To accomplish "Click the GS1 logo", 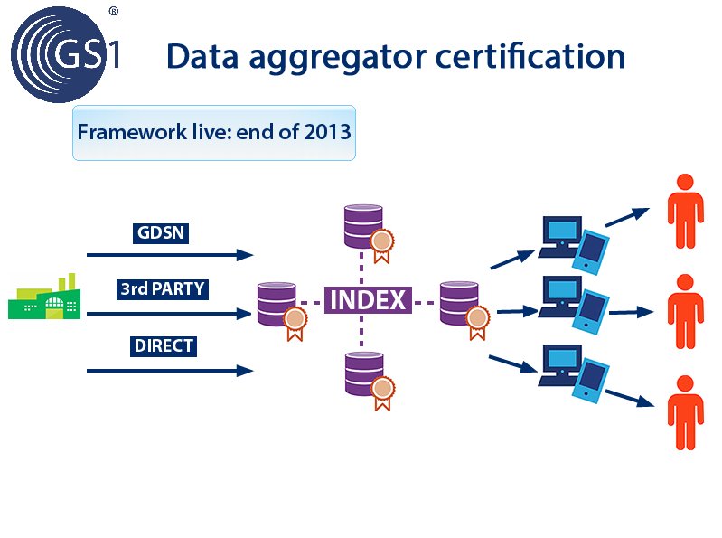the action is coord(64,54).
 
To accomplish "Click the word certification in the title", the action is coord(530,57).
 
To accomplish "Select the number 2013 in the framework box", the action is coord(327,132).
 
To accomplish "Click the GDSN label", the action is coord(161,233).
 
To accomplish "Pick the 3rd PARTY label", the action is coord(163,289).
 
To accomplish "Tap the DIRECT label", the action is coord(164,346).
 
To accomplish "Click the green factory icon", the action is coord(44,297).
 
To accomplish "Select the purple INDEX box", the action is coord(368,300).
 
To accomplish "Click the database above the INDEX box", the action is coord(364,227).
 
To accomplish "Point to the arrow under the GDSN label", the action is coord(170,255).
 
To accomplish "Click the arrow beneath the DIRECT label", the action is coord(170,371).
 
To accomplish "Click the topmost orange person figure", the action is coord(686,211).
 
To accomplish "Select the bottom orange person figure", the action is coord(686,412).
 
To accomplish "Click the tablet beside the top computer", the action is coord(591,252).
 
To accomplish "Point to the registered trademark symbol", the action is coord(114,11).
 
